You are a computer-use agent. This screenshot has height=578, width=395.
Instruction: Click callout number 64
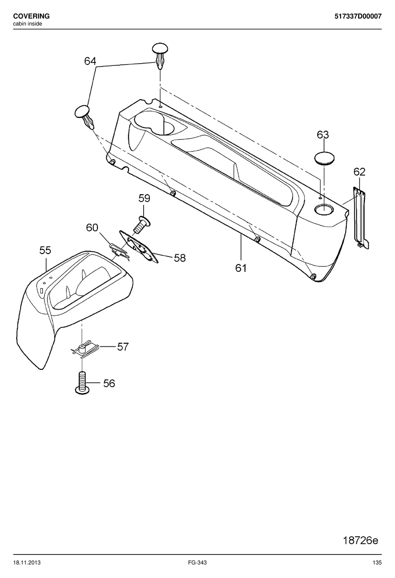(90, 61)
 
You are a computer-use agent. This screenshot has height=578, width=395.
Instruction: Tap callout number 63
(323, 135)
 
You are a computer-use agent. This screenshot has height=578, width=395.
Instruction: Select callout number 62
(360, 172)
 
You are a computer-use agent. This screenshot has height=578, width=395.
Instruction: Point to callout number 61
(241, 268)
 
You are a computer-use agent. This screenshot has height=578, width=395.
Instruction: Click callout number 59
(144, 198)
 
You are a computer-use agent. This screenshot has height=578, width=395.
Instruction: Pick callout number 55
(45, 250)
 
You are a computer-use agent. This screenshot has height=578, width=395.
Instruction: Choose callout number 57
(123, 346)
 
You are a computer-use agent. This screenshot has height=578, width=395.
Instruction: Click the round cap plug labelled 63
(324, 158)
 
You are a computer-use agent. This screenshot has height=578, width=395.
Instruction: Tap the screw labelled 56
(82, 383)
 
